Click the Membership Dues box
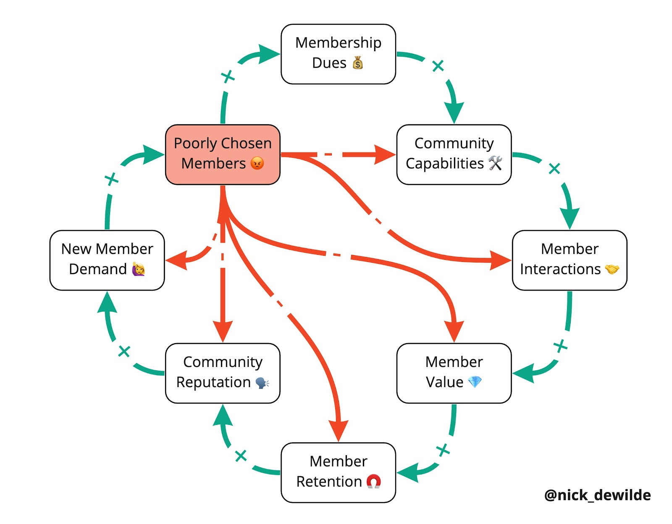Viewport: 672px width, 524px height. (x=338, y=54)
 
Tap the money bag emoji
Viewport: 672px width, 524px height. (x=358, y=63)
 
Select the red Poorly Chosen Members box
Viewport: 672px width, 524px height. (x=223, y=154)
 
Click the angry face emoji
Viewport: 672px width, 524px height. (x=257, y=163)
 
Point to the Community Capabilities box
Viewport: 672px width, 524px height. (x=454, y=154)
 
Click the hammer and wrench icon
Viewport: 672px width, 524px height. (x=495, y=163)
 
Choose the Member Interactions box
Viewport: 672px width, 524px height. (x=569, y=260)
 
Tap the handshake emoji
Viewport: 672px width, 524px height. (x=612, y=269)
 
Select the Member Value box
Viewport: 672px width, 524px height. (x=454, y=373)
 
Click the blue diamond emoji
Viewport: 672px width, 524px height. (x=475, y=382)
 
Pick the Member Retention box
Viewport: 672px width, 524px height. (x=338, y=472)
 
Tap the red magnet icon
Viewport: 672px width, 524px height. (x=373, y=481)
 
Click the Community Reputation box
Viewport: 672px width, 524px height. (x=223, y=373)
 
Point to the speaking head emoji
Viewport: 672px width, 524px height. (x=262, y=383)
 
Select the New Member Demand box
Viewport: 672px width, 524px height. (x=107, y=260)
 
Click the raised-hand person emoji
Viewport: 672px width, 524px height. (x=138, y=269)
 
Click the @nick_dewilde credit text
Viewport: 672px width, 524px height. (x=597, y=495)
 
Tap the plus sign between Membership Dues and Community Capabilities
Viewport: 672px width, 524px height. (x=438, y=65)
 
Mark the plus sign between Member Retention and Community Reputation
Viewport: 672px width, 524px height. (x=241, y=456)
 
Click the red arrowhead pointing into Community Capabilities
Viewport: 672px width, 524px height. (x=384, y=154)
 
